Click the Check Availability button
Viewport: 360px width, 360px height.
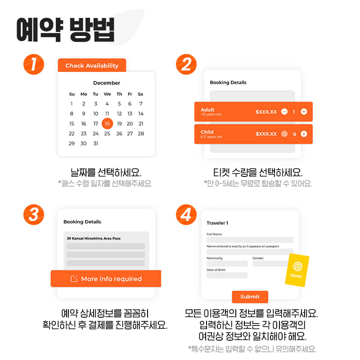92,65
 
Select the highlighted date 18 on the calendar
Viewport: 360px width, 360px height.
107,123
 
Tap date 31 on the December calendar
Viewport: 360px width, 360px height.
95,144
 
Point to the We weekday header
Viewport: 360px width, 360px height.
107,94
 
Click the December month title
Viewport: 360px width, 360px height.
107,83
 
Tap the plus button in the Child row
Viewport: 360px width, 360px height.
304,134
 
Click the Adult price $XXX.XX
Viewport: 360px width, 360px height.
266,112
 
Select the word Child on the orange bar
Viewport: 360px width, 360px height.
207,132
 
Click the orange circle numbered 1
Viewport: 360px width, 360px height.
34,64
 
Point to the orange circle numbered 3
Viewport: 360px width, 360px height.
34,215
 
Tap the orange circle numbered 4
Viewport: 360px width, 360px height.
186,215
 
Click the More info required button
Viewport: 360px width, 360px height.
106,279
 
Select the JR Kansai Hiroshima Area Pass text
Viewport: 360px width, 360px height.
94,238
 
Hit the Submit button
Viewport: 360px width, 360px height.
250,297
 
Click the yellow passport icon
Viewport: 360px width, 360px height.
297,270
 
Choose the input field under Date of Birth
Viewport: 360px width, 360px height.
227,275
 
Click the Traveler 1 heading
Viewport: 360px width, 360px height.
217,223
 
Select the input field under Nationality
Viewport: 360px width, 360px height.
227,263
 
